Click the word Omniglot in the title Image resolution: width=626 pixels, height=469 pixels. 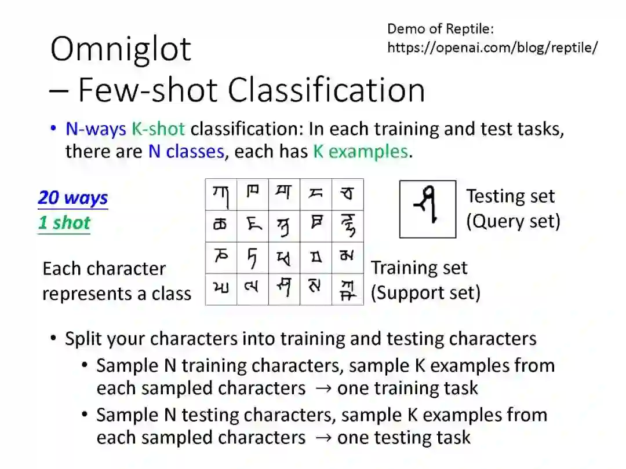tap(121, 49)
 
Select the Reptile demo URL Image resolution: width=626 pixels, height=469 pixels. tap(492, 47)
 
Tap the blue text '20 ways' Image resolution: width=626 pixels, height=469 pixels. tap(73, 198)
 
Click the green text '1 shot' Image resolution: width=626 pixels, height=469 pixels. tap(64, 223)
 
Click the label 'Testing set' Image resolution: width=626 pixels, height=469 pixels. tap(510, 196)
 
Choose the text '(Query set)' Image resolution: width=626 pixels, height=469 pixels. tap(513, 221)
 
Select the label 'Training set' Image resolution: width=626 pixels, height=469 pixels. tap(418, 268)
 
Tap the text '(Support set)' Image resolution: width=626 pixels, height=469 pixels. tap(425, 293)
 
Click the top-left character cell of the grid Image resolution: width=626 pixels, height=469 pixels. tap(221, 195)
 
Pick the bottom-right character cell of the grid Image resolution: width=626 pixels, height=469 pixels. tap(348, 290)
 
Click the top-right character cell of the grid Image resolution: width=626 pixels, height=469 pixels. tap(348, 195)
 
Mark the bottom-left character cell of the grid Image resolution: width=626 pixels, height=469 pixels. tap(221, 290)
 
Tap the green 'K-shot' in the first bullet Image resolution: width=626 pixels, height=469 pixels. tap(158, 129)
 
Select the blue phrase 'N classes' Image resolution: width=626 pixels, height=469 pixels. tap(185, 152)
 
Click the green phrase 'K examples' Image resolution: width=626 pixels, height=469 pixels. tap(360, 152)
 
